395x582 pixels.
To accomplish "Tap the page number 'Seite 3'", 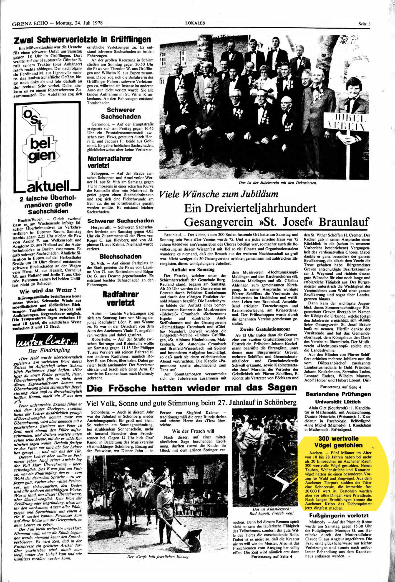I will point(365,24).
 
